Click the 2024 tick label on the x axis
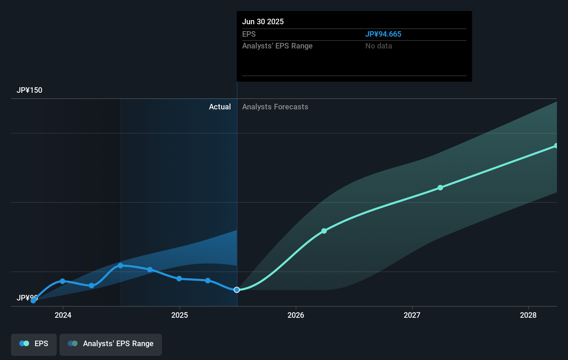tap(63, 315)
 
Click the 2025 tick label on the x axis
tap(180, 315)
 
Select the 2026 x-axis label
tap(296, 315)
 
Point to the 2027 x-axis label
tap(412, 315)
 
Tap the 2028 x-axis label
tap(528, 315)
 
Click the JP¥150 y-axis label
tap(29, 90)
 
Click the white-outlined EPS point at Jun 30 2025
tap(237, 290)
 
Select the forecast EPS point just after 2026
tap(324, 231)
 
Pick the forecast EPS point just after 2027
tap(440, 188)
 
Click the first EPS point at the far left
tap(33, 300)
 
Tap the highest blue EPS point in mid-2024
tap(120, 265)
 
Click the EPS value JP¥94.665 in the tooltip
tap(383, 34)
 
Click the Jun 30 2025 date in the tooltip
tap(263, 22)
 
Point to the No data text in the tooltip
tap(379, 46)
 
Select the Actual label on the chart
tap(220, 107)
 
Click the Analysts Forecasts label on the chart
tap(275, 107)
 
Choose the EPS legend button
tap(34, 344)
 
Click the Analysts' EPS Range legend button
tap(111, 344)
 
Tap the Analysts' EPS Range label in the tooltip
tap(277, 46)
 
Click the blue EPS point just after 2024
tap(63, 281)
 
